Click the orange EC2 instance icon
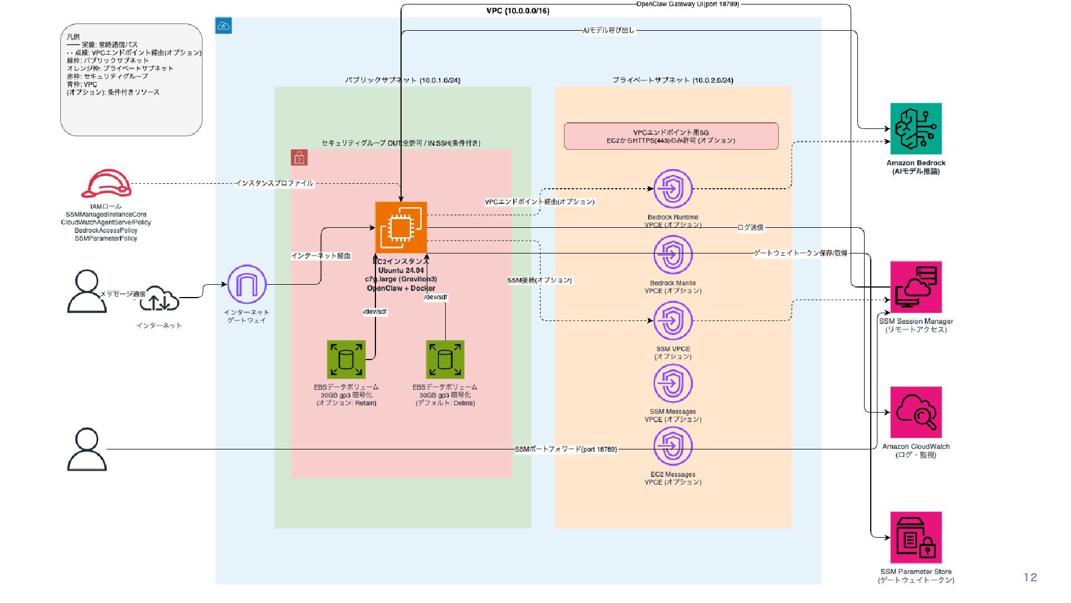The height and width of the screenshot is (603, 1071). [x=401, y=227]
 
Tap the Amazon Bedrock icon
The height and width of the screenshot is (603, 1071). [x=915, y=128]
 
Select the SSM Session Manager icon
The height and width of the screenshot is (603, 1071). [x=915, y=287]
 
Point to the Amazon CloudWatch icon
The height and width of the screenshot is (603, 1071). [x=915, y=412]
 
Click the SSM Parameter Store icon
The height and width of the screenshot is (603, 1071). [x=915, y=537]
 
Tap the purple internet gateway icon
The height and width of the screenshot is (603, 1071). [x=247, y=285]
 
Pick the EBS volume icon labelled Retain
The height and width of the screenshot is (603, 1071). [x=346, y=360]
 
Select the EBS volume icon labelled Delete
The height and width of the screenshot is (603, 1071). [x=445, y=360]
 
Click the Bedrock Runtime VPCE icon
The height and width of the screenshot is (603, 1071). [x=673, y=189]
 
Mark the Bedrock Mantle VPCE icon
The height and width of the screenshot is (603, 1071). [x=673, y=255]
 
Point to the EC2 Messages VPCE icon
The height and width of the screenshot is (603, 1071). [x=673, y=447]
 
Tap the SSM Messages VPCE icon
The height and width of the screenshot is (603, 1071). [x=673, y=384]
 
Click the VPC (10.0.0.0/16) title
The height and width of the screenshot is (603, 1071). [x=518, y=11]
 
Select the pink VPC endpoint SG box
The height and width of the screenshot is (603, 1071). [x=670, y=136]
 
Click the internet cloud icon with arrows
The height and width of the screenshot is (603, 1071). [x=159, y=300]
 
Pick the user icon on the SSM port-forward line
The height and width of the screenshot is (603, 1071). [x=87, y=449]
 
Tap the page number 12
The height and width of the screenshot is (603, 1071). [x=1030, y=578]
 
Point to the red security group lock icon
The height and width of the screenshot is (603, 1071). [x=300, y=158]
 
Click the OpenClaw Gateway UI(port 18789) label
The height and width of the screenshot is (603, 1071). [x=687, y=4]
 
